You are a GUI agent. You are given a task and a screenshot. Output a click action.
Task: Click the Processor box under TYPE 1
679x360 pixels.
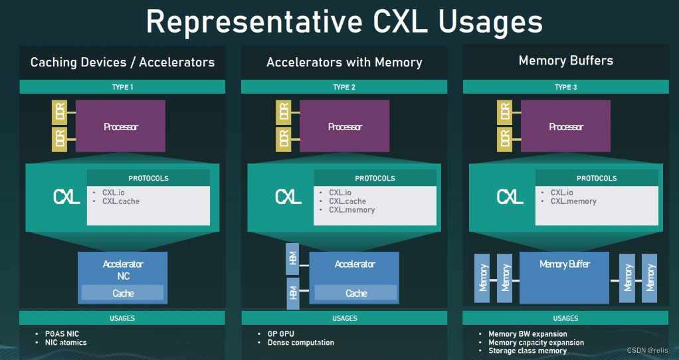120,127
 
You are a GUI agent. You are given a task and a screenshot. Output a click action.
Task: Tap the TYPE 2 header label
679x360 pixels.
344,87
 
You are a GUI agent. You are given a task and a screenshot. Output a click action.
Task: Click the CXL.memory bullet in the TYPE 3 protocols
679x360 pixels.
573,201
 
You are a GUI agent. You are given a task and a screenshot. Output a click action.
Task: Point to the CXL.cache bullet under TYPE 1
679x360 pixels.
120,201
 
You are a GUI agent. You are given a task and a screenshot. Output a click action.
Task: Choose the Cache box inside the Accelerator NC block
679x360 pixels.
122,293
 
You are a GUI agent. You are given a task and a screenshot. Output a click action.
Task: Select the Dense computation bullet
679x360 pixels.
300,343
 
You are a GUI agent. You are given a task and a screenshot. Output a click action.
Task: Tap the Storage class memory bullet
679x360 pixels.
528,351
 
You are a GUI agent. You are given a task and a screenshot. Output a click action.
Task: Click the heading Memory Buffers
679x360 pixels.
565,61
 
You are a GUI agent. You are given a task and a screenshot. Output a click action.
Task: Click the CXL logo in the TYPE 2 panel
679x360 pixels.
288,197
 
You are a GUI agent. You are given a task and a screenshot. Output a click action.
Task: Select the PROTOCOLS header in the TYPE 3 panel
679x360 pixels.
597,178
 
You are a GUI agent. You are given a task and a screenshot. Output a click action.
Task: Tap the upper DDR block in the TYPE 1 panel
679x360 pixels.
60,113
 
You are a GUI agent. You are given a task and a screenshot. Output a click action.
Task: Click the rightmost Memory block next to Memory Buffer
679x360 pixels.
650,278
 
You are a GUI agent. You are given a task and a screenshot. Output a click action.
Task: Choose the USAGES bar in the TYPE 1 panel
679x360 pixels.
122,318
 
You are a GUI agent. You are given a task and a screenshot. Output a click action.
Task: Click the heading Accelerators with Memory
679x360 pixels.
344,62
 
